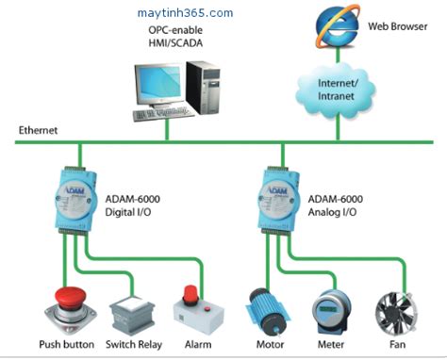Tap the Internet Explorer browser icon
336,25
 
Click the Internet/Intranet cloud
336,88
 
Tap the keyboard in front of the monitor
158,116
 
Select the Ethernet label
39,130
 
